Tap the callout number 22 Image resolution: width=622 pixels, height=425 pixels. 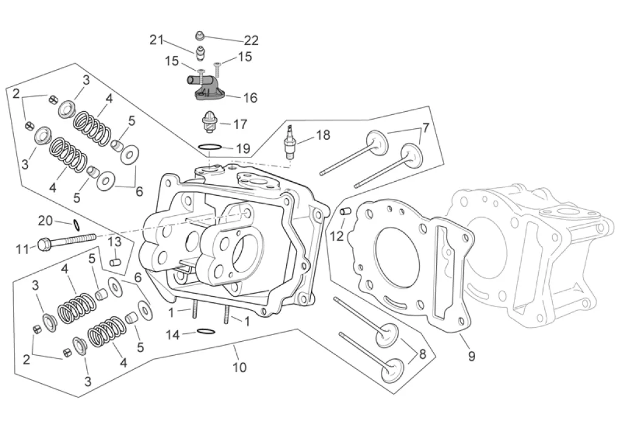251,41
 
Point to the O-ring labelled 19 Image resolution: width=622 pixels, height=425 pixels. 209,148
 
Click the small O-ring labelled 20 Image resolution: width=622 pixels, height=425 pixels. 77,225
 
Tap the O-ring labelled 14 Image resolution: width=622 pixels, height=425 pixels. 206,331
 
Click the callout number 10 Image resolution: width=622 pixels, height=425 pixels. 239,367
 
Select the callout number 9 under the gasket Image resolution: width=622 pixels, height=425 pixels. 471,356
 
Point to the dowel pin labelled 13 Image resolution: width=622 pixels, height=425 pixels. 115,263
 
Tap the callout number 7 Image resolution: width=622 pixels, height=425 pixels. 425,128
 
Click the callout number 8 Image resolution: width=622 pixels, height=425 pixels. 423,354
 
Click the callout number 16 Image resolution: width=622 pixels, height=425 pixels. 250,98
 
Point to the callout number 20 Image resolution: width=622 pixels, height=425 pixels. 45,221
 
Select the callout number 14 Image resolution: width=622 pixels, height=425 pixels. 173,335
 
